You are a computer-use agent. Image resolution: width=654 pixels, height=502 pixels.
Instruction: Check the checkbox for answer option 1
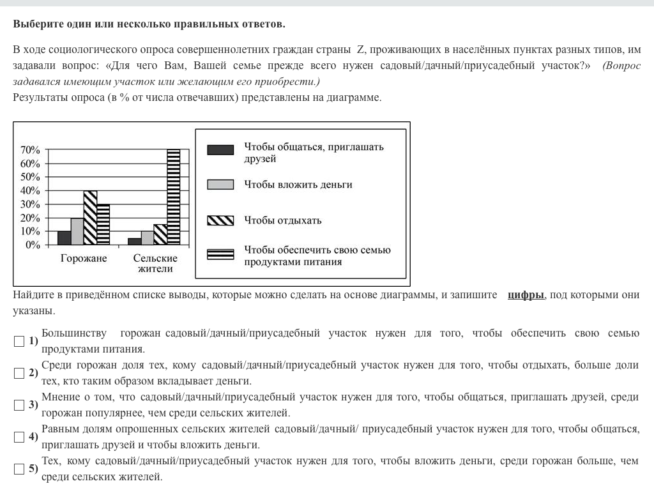[19, 342]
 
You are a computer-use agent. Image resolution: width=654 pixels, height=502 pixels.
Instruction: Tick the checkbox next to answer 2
[19, 374]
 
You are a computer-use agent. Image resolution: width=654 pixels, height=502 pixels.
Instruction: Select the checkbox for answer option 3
[19, 406]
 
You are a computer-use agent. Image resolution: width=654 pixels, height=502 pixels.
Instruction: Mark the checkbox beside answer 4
[19, 437]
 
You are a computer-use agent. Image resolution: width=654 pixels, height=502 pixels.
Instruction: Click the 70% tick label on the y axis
[31, 150]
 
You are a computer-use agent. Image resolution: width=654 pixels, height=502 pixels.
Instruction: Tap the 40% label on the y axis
[31, 191]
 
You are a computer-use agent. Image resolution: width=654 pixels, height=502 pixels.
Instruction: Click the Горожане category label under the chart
[84, 259]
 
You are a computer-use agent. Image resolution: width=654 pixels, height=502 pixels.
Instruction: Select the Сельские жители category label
[155, 264]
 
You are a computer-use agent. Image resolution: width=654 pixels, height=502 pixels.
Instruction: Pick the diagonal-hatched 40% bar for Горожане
[90, 218]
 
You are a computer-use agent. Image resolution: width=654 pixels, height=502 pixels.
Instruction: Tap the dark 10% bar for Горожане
[64, 238]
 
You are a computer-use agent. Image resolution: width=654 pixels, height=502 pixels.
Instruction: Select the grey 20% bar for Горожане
[77, 231]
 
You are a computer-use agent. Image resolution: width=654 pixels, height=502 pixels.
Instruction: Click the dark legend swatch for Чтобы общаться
[220, 150]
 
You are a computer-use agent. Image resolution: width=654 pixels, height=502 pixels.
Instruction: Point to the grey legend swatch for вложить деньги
[220, 185]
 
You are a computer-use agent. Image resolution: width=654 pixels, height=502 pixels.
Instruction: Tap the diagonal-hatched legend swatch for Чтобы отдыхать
[220, 220]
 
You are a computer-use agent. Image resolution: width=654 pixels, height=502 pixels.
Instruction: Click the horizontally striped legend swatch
[220, 255]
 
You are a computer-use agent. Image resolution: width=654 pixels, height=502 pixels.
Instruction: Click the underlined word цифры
[526, 295]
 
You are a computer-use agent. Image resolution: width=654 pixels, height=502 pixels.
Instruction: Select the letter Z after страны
[360, 50]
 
